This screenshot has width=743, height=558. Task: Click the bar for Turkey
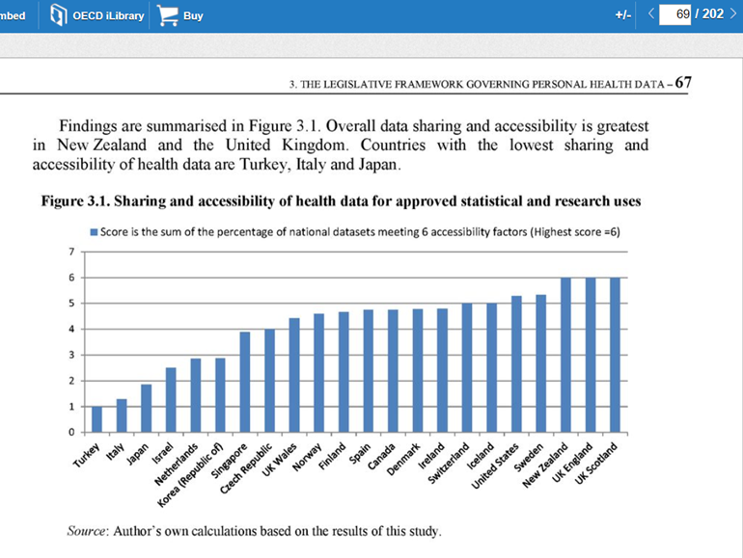(x=96, y=419)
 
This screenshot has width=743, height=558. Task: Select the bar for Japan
(x=146, y=409)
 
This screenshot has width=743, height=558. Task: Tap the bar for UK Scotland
(x=615, y=355)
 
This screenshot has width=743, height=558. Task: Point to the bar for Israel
(x=171, y=400)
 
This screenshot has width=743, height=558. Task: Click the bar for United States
(x=516, y=364)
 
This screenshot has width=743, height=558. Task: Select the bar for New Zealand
(x=565, y=355)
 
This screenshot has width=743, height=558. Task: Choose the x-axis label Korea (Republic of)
(x=198, y=471)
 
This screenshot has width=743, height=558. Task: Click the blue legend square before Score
(x=94, y=232)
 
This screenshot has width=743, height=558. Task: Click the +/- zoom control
(x=623, y=16)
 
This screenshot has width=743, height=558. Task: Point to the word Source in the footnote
(x=88, y=530)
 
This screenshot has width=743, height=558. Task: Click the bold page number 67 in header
(x=683, y=83)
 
